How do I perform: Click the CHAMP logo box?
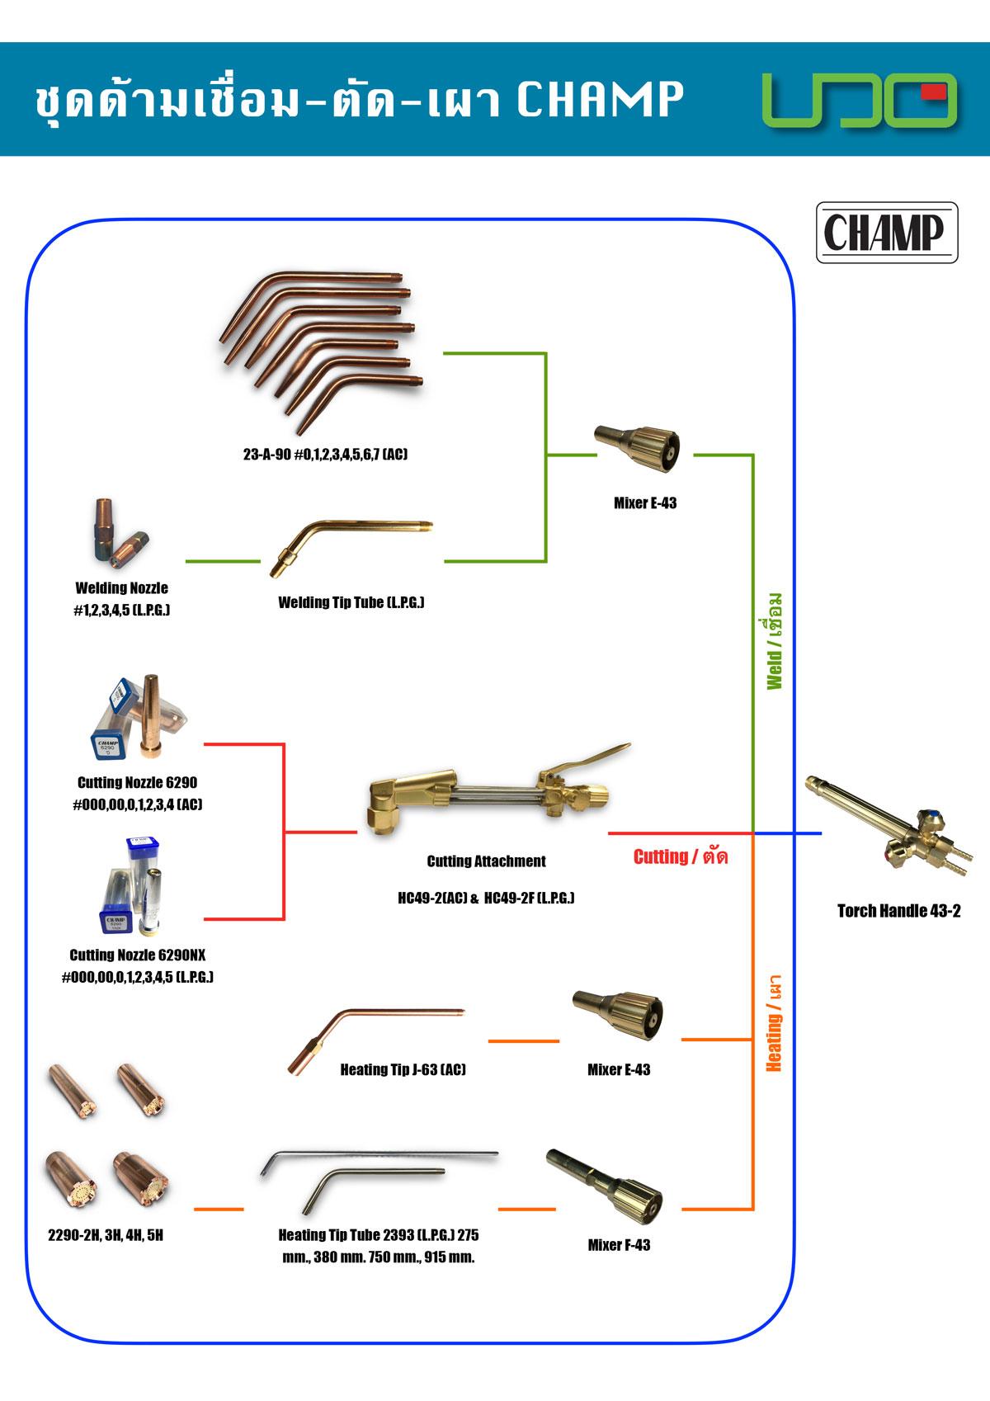click(887, 232)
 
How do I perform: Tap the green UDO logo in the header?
click(860, 100)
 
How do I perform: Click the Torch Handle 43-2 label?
click(898, 911)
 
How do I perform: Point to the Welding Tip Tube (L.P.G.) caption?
click(351, 602)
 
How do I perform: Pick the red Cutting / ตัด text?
click(681, 856)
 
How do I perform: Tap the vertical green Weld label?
click(774, 640)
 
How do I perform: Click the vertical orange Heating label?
click(774, 1022)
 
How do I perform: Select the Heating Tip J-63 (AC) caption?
click(403, 1069)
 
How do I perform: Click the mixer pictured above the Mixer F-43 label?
click(604, 1187)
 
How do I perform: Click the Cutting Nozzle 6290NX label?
click(138, 955)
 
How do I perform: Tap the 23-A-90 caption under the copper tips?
click(325, 454)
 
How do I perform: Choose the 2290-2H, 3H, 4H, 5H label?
click(106, 1235)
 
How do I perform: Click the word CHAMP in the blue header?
click(600, 99)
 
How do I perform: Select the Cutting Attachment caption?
click(487, 861)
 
